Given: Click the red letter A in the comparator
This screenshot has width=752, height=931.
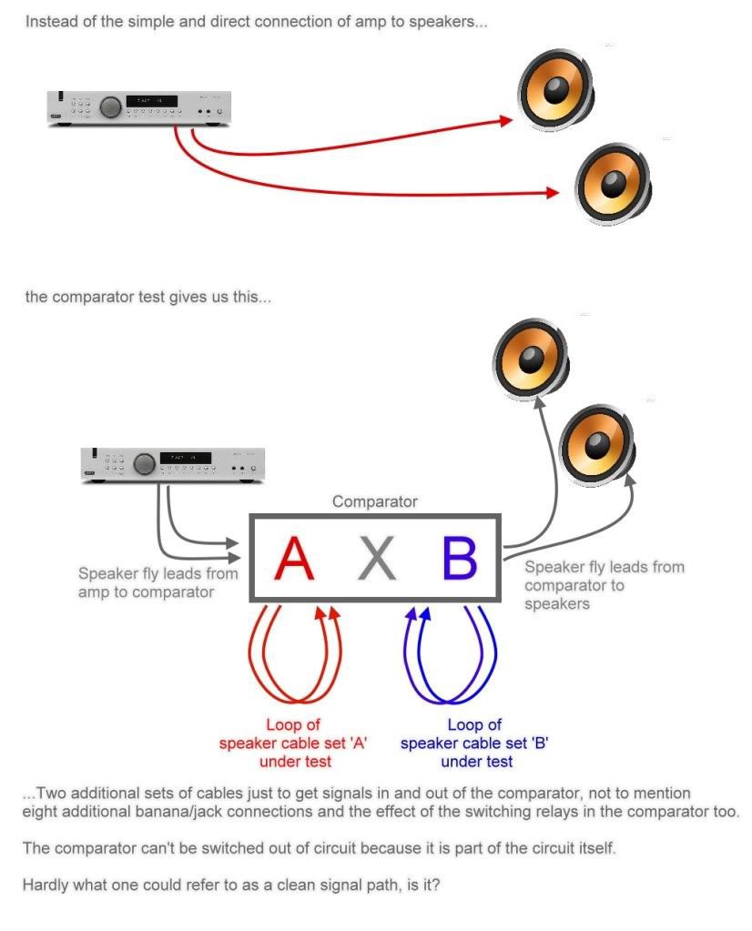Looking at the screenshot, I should (294, 559).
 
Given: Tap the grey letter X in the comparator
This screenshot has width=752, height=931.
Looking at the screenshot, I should (377, 559).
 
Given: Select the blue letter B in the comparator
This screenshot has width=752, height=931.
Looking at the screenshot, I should (459, 559).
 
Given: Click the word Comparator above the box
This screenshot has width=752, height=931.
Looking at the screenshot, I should (374, 501).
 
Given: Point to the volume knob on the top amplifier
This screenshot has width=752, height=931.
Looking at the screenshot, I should (111, 106).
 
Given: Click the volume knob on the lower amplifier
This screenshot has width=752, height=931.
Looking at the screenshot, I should (144, 464).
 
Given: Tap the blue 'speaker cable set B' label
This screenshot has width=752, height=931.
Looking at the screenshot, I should (474, 743).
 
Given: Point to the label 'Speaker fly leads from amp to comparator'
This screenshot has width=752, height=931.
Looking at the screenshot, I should (158, 582).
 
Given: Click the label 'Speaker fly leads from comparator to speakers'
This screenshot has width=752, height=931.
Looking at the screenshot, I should (603, 584).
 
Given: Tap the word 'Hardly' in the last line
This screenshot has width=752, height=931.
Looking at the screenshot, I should (46, 884).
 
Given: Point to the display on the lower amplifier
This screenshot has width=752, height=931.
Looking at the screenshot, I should (185, 457).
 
